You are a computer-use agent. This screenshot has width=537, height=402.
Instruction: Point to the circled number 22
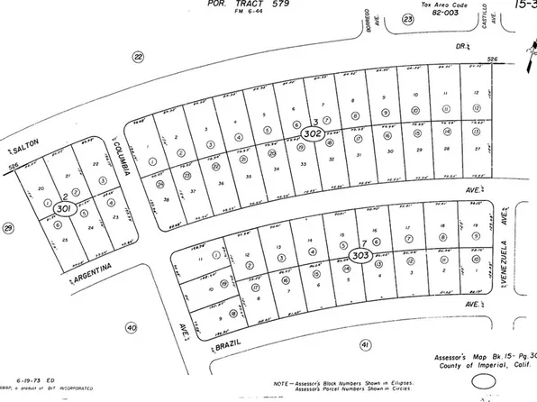138,57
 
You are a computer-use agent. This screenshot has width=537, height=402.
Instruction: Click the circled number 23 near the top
408,18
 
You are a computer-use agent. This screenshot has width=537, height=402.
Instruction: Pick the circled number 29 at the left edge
9,228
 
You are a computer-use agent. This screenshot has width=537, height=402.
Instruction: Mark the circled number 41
365,344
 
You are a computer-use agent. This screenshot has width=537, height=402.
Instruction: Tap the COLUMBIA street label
124,158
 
